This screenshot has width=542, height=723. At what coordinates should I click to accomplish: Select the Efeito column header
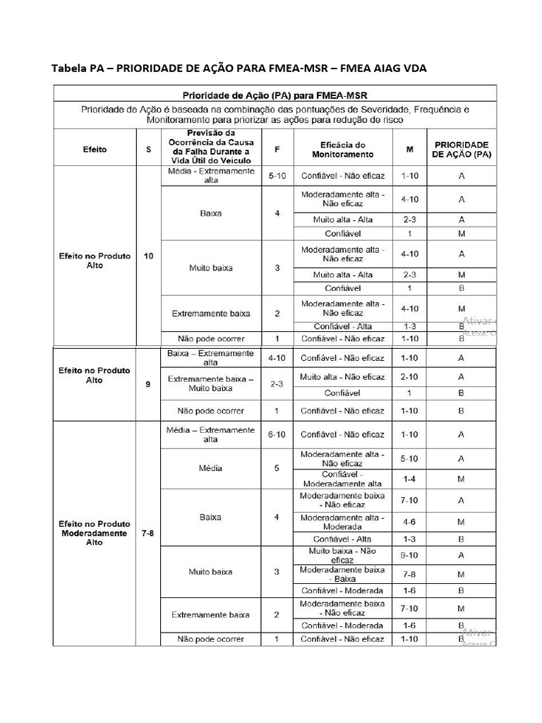(95, 150)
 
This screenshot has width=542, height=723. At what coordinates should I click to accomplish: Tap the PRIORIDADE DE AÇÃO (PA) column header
(462, 149)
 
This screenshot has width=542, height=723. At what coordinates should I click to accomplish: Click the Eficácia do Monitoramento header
(342, 149)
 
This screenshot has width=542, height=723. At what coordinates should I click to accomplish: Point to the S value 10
(148, 256)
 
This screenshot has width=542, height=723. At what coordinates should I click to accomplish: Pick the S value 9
(148, 385)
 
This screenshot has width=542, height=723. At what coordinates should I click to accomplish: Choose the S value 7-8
(148, 534)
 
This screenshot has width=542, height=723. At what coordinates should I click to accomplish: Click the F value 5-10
(277, 175)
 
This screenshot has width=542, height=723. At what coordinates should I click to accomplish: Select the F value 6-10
(277, 434)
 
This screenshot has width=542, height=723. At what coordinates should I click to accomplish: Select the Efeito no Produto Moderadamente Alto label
(95, 534)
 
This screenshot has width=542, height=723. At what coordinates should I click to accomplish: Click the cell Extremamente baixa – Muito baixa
(210, 383)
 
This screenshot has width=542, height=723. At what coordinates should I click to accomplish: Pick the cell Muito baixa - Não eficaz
(342, 555)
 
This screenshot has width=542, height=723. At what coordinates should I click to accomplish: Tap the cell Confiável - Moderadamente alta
(342, 479)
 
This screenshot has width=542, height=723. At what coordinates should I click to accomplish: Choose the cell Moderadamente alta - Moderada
(342, 522)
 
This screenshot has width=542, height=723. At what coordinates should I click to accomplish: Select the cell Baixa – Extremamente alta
(210, 357)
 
